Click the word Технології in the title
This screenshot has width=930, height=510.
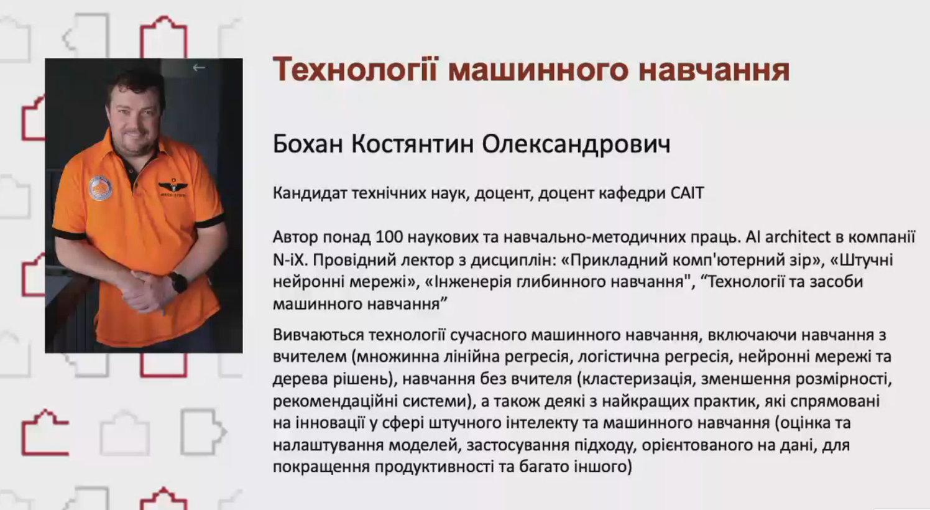point(355,70)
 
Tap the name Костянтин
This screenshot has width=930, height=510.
point(413,144)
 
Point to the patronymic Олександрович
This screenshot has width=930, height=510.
point(576,145)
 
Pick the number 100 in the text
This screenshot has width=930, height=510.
point(389,237)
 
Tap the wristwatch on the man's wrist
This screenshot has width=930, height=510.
point(178,282)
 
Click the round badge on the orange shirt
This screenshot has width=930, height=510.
point(101,188)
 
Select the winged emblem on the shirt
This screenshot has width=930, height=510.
point(173,188)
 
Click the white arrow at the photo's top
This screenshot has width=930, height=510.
point(199,67)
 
